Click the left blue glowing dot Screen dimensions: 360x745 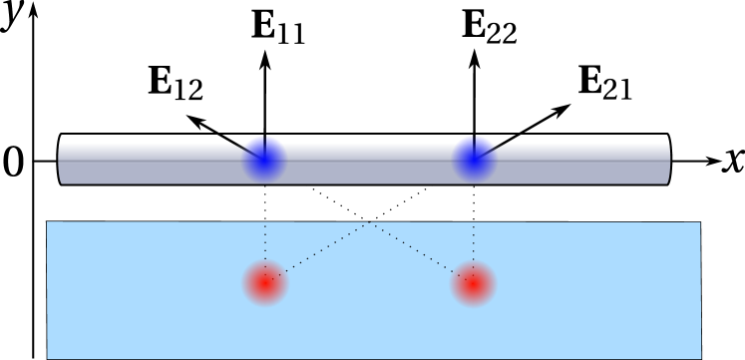(264, 158)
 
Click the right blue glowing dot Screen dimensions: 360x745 (474, 158)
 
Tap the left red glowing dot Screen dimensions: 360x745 (265, 283)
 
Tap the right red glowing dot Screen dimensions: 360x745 (473, 283)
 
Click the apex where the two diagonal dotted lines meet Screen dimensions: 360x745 (370, 222)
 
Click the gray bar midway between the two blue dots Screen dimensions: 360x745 (369, 164)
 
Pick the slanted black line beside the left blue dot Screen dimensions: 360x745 (240, 148)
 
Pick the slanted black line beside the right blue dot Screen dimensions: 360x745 (497, 148)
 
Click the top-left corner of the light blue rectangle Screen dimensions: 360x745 (48, 222)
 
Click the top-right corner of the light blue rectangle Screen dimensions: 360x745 (699, 223)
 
